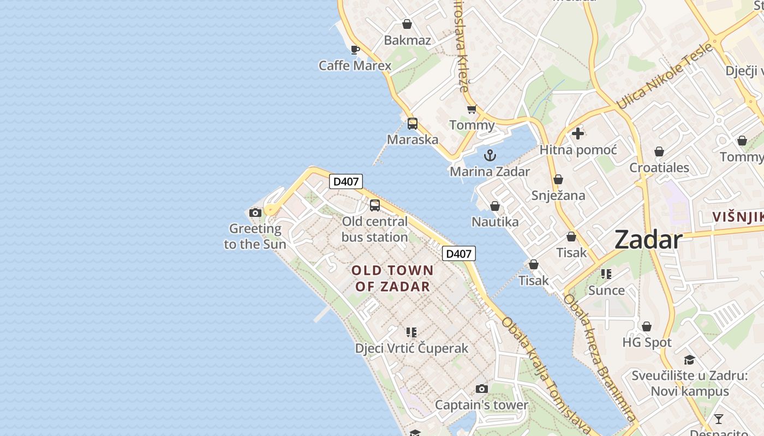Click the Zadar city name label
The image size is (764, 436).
(x=648, y=240)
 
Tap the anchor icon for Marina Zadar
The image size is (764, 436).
(x=490, y=155)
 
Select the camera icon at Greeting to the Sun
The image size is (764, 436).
(x=255, y=213)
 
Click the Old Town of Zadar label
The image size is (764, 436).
(x=392, y=278)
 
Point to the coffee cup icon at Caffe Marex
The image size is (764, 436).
(x=355, y=50)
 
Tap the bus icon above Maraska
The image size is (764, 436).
(x=413, y=124)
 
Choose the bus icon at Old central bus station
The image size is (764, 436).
(x=375, y=205)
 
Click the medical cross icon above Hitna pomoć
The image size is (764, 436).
(x=578, y=134)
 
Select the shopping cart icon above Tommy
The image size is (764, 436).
(x=472, y=109)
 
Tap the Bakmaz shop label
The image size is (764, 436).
(x=407, y=40)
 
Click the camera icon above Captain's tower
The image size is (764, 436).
(x=481, y=389)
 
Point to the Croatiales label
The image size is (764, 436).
(x=659, y=167)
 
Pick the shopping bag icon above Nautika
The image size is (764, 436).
(x=495, y=206)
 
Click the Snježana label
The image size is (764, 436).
(x=558, y=195)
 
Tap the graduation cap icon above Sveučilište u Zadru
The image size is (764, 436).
(x=689, y=360)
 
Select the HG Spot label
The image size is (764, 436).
(x=647, y=342)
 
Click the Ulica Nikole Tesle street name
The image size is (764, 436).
(x=665, y=76)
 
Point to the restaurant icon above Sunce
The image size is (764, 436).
(x=606, y=274)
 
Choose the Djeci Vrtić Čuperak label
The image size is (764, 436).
(x=411, y=348)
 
